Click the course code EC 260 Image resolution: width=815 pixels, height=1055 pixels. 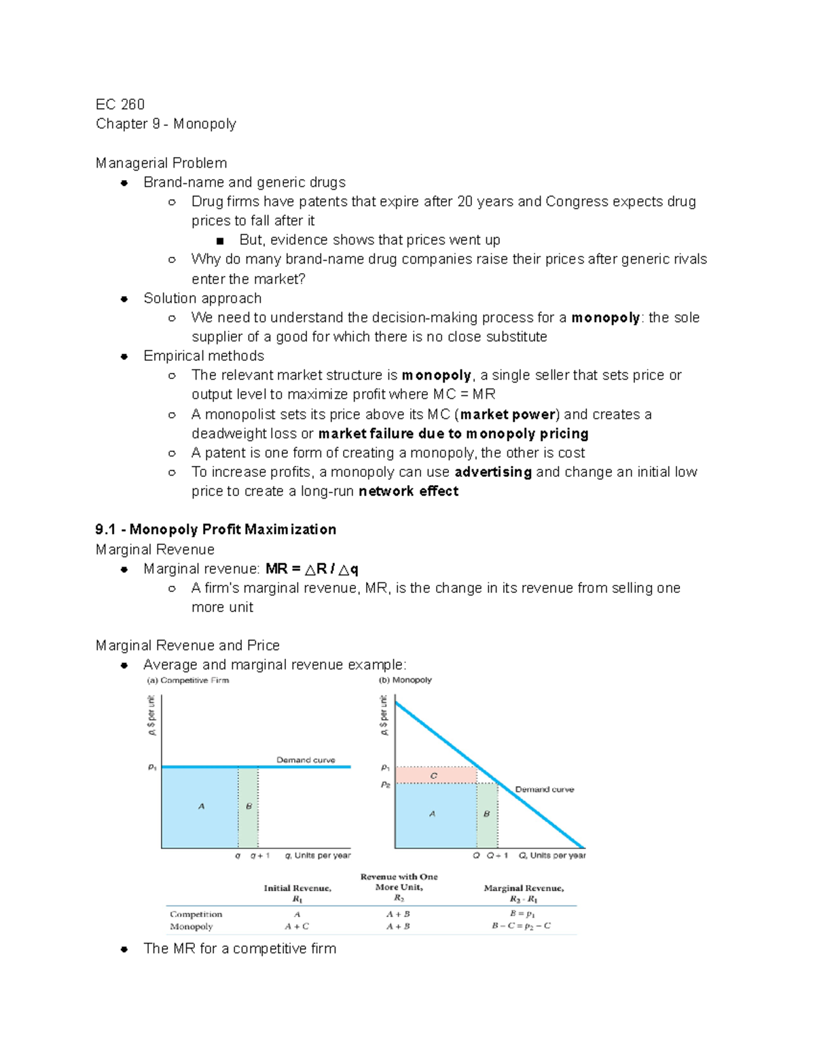click(120, 104)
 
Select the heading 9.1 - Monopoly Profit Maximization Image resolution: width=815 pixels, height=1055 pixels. click(215, 529)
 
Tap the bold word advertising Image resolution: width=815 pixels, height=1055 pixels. click(493, 471)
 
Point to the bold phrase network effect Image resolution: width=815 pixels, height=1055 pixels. click(408, 491)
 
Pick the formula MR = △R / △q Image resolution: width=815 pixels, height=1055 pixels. click(312, 569)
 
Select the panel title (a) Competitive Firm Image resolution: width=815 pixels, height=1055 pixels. click(188, 680)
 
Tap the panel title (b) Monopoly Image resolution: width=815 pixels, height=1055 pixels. click(405, 680)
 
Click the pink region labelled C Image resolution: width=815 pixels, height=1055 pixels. click(435, 775)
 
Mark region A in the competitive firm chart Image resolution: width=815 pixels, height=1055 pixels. click(201, 806)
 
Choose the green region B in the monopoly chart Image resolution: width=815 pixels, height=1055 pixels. click(487, 814)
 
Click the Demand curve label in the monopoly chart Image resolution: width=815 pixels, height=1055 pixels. click(544, 789)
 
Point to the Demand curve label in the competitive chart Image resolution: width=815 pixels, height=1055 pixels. click(306, 760)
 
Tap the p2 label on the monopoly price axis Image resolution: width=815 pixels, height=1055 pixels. click(385, 785)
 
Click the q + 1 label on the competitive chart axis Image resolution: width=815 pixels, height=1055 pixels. click(260, 856)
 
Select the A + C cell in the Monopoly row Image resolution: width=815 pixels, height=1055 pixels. click(297, 926)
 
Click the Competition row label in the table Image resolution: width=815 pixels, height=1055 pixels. click(196, 914)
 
